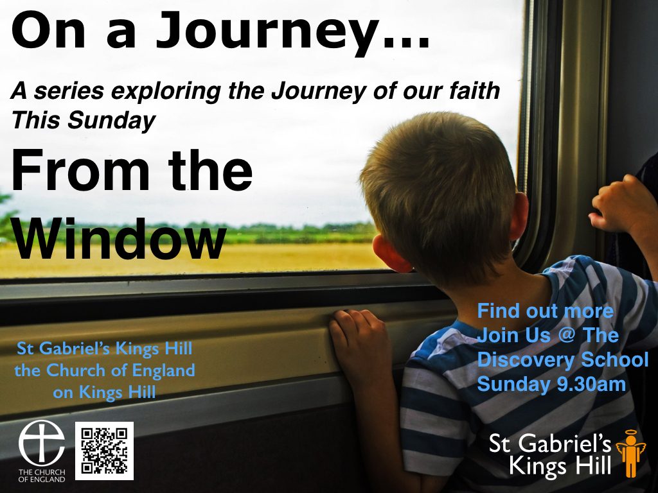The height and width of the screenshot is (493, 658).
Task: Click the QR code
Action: [104, 451]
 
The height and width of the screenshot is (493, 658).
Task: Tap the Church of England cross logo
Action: [42, 443]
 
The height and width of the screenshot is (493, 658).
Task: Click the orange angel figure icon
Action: [629, 454]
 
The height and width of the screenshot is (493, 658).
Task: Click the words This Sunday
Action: [84, 120]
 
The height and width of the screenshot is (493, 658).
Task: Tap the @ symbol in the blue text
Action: [567, 335]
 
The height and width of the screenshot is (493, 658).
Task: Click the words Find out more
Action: [545, 311]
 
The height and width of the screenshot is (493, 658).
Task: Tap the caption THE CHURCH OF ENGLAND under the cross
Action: [42, 476]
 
